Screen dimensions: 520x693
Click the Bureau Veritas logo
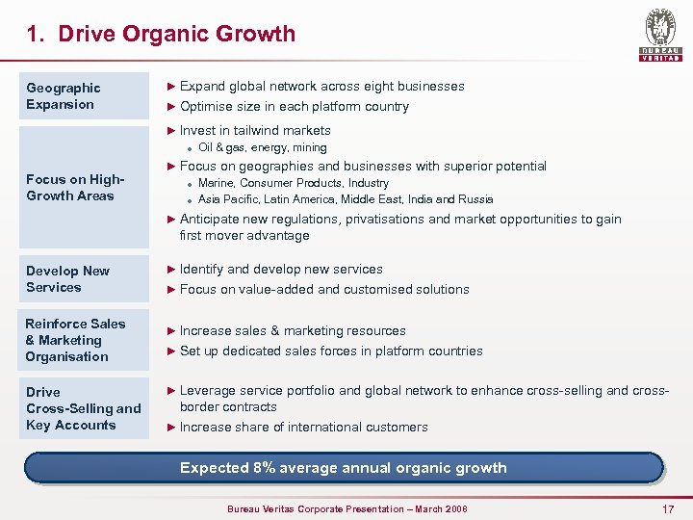[660, 35]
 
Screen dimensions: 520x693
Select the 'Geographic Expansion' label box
[86, 96]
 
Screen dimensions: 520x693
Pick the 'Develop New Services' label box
[86, 279]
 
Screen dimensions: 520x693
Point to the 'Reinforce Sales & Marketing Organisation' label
[86, 340]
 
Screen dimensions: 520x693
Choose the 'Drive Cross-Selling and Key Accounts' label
[86, 408]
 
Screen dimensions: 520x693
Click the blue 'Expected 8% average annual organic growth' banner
[344, 468]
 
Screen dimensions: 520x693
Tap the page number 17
[668, 507]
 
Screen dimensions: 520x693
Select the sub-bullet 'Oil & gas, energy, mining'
[262, 147]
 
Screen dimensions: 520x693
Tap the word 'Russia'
[474, 199]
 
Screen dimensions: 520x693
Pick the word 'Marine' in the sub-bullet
[216, 183]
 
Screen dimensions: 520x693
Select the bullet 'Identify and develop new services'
[281, 269]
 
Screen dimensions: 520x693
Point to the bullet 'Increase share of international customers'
[303, 427]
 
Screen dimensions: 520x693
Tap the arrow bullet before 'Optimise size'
[172, 106]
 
